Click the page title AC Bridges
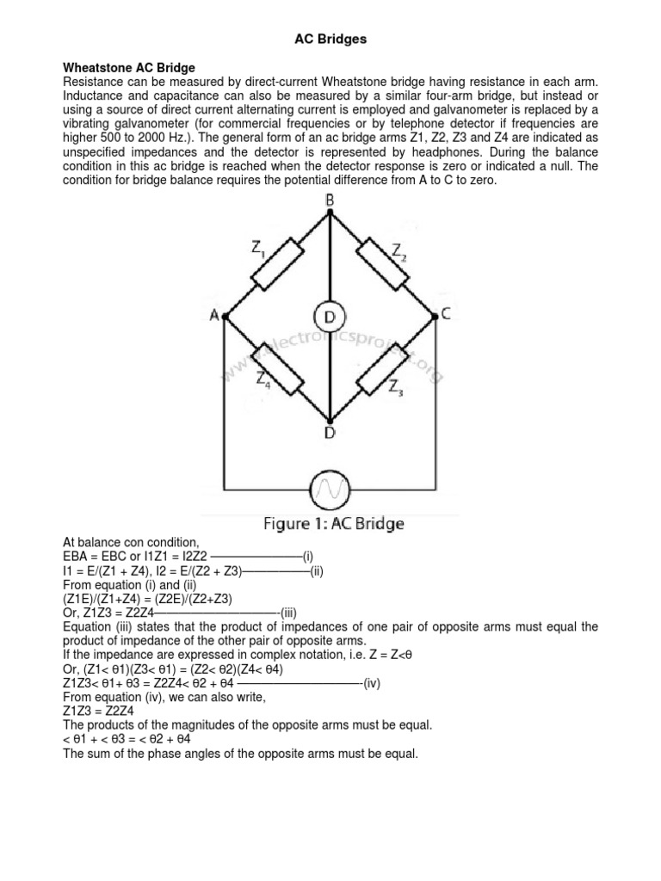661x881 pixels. coord(330,39)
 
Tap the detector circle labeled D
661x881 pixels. coord(329,317)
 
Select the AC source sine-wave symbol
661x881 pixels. coord(330,490)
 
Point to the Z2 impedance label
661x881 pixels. coord(400,250)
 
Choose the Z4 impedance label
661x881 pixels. coord(263,379)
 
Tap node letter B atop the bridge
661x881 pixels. coord(330,200)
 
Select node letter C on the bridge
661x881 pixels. coord(446,315)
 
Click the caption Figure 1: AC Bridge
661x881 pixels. coord(330,523)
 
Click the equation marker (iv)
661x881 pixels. coord(371,683)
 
